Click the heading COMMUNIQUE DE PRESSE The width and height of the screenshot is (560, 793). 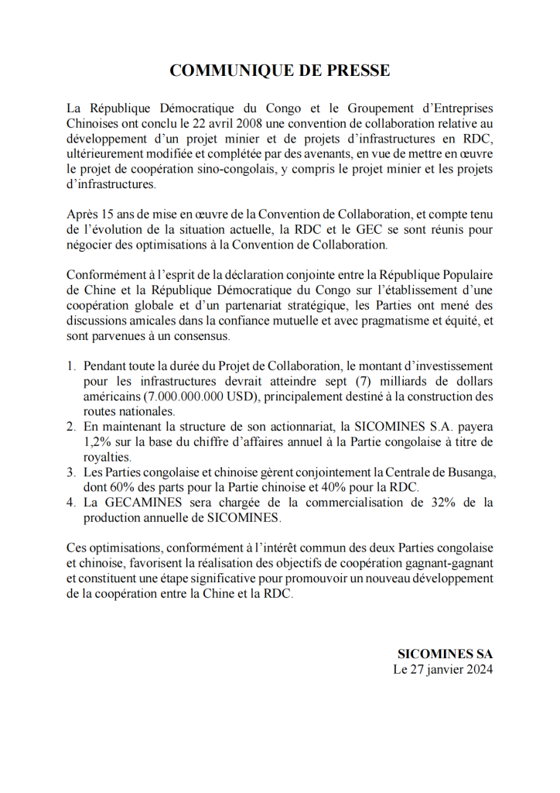[279, 70]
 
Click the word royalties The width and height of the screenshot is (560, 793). [106, 457]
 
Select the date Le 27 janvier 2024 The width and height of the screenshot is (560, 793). [442, 668]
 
